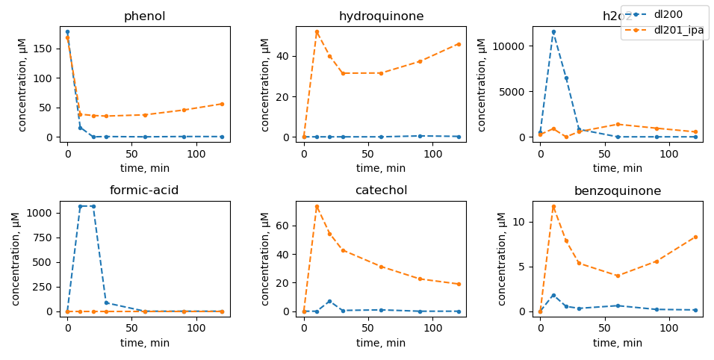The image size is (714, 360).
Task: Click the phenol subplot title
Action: [x=145, y=16]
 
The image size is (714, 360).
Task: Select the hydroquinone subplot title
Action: [x=381, y=16]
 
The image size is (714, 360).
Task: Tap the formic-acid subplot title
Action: [x=144, y=190]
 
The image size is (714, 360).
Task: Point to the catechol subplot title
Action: [x=381, y=190]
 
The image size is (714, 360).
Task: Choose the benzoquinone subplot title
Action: [x=618, y=191]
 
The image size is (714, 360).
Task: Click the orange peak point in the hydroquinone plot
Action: [x=317, y=32]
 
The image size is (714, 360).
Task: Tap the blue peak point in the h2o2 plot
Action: [x=553, y=32]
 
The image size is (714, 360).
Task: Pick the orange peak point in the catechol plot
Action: [x=317, y=207]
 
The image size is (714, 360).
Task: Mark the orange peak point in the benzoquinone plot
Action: [x=553, y=207]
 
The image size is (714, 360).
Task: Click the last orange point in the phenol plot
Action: [x=222, y=104]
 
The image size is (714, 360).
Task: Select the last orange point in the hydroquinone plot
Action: [x=459, y=44]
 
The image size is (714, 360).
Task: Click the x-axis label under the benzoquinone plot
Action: [x=618, y=343]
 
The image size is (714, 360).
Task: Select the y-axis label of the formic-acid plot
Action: [x=16, y=258]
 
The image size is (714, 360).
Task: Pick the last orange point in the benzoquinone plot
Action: [x=695, y=237]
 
